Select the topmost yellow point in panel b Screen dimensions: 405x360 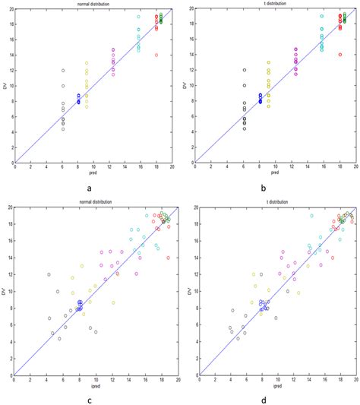[268, 62]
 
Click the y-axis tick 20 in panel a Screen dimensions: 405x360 [8, 9]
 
